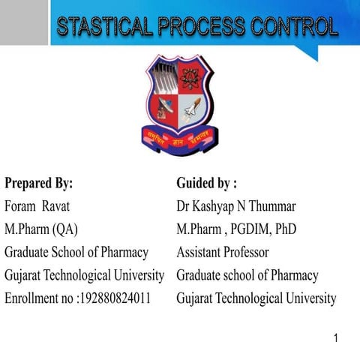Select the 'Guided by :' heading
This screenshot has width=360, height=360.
point(206,183)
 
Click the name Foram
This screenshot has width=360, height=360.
point(21,206)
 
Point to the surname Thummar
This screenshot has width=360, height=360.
point(271,206)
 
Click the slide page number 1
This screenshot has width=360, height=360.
point(337,338)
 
